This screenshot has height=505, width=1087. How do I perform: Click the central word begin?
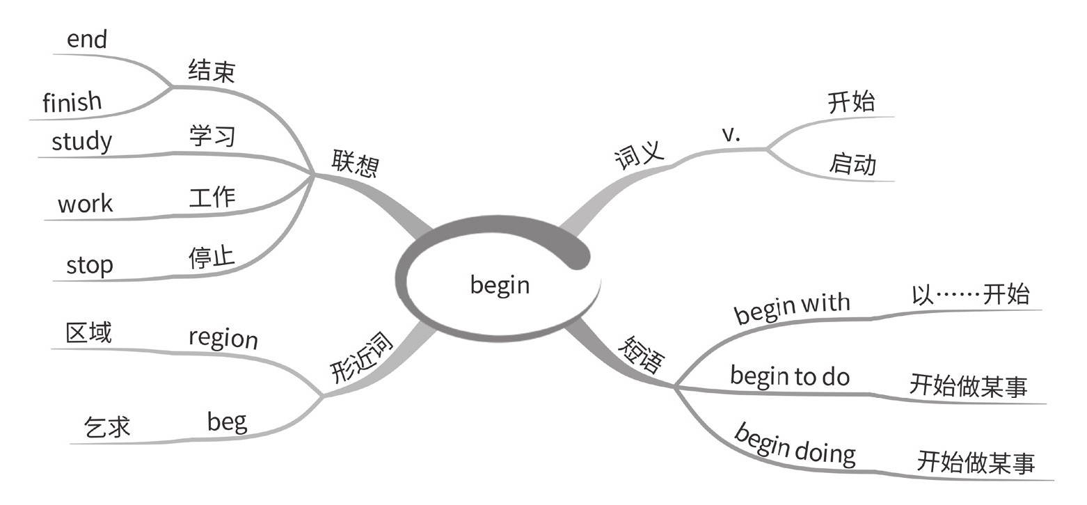pyautogui.click(x=500, y=284)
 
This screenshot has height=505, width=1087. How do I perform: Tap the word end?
pyautogui.click(x=87, y=40)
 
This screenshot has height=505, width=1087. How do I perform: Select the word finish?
pyautogui.click(x=72, y=102)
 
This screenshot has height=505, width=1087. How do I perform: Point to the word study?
pyautogui.click(x=81, y=141)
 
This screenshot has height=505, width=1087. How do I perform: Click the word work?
pyautogui.click(x=85, y=204)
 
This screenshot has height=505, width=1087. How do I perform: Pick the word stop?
pyautogui.click(x=89, y=265)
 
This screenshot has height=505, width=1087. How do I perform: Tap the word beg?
pyautogui.click(x=227, y=422)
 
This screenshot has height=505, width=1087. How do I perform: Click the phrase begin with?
pyautogui.click(x=792, y=307)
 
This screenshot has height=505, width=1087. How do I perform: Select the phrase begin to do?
pyautogui.click(x=790, y=376)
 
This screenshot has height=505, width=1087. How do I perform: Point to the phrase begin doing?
pyautogui.click(x=795, y=444)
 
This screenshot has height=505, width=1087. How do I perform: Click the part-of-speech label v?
pyautogui.click(x=731, y=134)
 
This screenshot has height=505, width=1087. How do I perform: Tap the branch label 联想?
pyautogui.click(x=355, y=163)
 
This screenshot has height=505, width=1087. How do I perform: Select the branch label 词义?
pyautogui.click(x=639, y=155)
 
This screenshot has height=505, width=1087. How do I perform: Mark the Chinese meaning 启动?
pyautogui.click(x=852, y=164)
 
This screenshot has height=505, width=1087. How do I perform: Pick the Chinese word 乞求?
pyautogui.click(x=107, y=426)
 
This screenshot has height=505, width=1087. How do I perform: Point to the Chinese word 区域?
pyautogui.click(x=88, y=332)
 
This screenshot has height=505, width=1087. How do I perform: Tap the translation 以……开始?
pyautogui.click(x=970, y=294)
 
